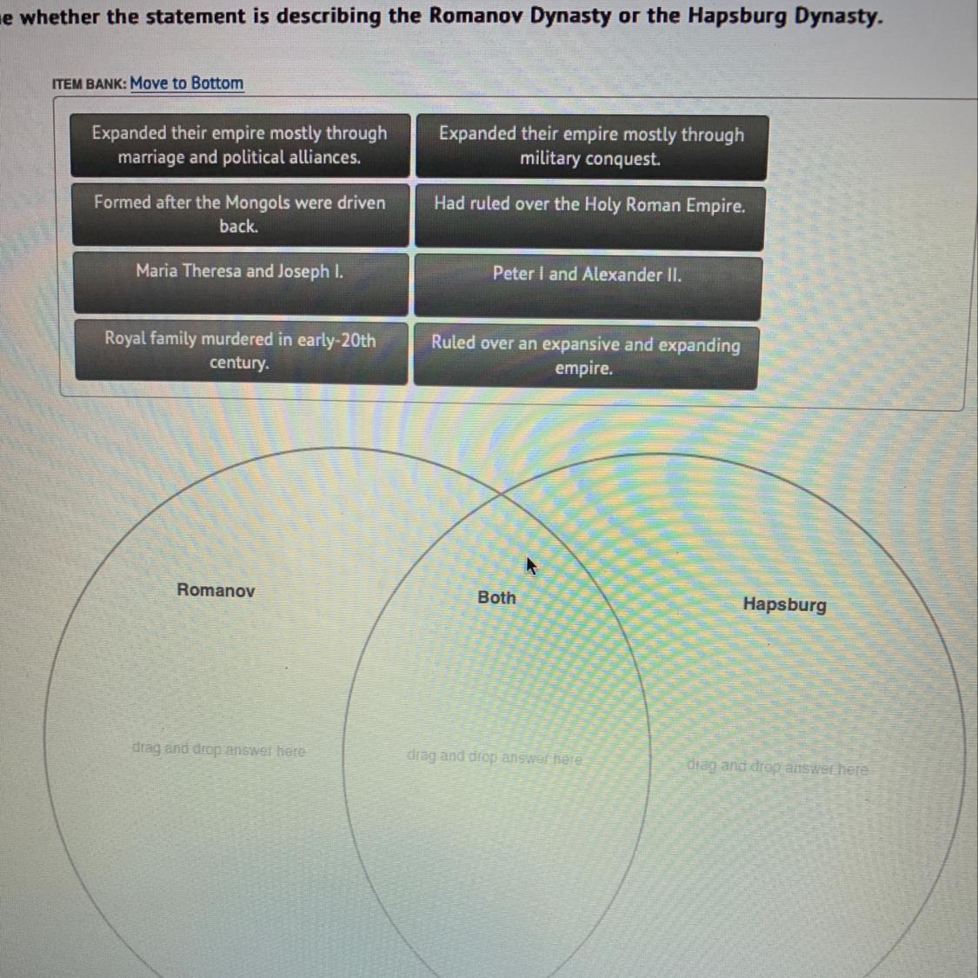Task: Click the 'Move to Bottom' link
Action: [x=186, y=83]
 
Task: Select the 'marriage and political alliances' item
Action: [x=240, y=145]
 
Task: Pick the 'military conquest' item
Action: [x=591, y=147]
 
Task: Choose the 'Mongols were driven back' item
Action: [x=240, y=215]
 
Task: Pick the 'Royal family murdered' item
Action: [x=240, y=350]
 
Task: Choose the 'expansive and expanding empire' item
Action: [x=585, y=356]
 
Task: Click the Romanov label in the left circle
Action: [x=216, y=590]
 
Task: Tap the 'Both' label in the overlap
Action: [x=496, y=597]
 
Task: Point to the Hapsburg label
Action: [x=784, y=604]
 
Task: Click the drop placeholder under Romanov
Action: [x=218, y=749]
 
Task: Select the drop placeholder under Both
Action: [x=494, y=756]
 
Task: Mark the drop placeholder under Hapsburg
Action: [x=776, y=768]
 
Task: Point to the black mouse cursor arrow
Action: [x=531, y=566]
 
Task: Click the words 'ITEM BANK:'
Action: [x=89, y=84]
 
